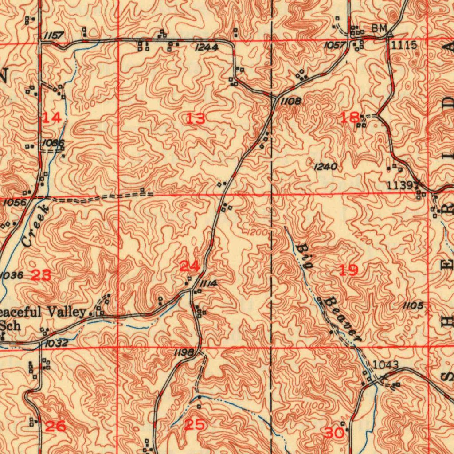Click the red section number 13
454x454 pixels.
(196, 118)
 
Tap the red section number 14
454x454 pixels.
(52, 117)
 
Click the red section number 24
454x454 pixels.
(190, 266)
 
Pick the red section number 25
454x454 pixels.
(195, 425)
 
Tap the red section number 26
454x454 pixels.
(56, 427)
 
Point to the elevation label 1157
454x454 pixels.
(54, 35)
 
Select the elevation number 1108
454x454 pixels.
(291, 102)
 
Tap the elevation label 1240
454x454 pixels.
(325, 167)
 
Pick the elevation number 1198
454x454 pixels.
(184, 352)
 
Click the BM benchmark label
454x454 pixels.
(379, 28)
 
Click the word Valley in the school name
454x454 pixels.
(66, 312)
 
